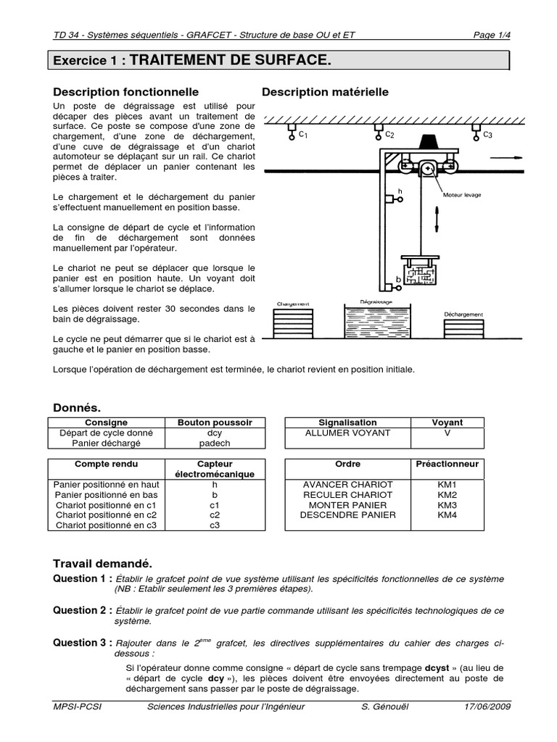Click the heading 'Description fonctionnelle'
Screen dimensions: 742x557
pos(126,92)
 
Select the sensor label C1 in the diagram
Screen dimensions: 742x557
pos(303,135)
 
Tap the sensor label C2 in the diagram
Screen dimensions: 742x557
pos(389,135)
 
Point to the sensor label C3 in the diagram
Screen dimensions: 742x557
pos(487,135)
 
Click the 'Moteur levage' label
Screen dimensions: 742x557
pos(462,195)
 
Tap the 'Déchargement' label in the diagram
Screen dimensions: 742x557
pos(463,314)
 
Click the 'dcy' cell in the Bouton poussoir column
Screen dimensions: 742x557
pos(215,433)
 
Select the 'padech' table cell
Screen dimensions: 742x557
pos(215,443)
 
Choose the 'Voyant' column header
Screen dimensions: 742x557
pos(447,422)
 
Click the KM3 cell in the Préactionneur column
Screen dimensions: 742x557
pos(447,505)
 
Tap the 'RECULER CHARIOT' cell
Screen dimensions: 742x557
pos(348,495)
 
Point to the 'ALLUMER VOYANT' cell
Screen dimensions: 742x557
pos(348,433)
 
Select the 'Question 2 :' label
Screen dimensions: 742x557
pos(82,610)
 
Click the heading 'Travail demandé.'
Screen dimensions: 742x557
pos(102,563)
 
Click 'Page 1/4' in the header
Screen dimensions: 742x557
pos(491,34)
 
